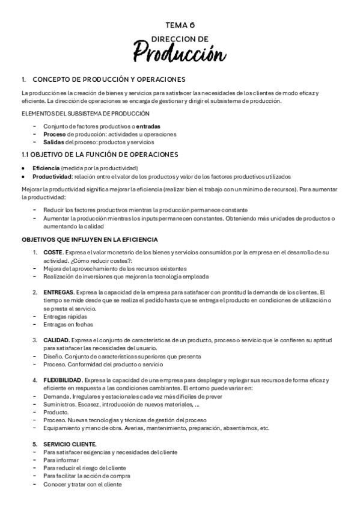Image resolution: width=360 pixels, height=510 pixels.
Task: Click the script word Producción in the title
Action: [x=180, y=54]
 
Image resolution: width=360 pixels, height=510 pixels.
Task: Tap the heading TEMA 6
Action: [x=180, y=25]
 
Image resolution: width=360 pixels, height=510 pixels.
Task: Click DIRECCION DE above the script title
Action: [x=180, y=38]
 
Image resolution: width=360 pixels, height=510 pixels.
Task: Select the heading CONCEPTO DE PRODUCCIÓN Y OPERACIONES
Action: [x=109, y=79]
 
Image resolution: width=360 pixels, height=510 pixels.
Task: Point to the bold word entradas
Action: [x=148, y=126]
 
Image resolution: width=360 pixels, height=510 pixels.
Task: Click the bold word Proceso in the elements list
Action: [x=54, y=134]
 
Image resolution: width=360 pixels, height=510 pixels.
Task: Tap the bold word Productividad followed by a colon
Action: [x=52, y=176]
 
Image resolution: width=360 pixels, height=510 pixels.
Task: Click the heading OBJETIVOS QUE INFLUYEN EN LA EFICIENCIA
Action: [x=90, y=239]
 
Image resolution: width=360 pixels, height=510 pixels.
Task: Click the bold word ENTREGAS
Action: [x=58, y=292]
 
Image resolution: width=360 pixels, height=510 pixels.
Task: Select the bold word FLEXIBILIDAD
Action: [x=63, y=381]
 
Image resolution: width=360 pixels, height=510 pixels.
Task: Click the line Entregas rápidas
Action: [x=65, y=316]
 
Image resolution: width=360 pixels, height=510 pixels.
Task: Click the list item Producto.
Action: [x=56, y=412]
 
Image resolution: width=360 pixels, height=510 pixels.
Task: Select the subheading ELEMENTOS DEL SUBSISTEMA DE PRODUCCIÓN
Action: [x=85, y=114]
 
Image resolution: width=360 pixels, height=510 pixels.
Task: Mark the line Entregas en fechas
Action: [x=67, y=324]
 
